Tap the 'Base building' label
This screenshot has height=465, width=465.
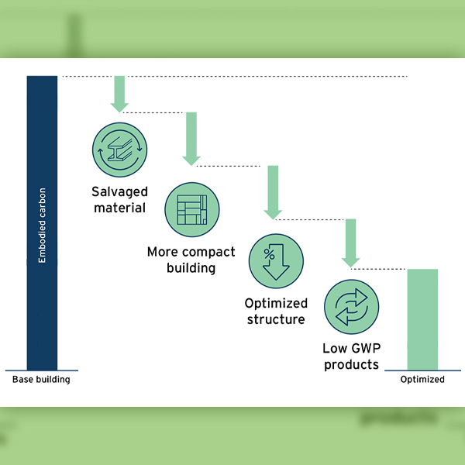tap(41, 380)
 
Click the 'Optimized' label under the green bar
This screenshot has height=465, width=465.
tap(422, 380)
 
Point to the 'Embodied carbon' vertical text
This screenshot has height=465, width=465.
tap(42, 226)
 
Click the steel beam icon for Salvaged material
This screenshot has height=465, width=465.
tap(119, 150)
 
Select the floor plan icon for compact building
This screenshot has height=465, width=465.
tap(192, 210)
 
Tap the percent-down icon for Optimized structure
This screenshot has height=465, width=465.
tap(276, 261)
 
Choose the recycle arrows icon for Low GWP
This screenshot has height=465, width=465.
tap(351, 306)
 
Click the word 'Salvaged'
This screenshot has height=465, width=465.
tap(119, 191)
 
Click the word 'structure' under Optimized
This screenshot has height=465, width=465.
tap(275, 319)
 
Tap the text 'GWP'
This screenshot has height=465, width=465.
tap(364, 349)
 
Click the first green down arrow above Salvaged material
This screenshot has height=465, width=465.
tap(119, 94)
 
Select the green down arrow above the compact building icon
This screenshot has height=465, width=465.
tap(191, 138)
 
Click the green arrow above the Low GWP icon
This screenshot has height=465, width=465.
tap(350, 243)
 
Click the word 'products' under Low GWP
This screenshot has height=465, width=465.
tap(351, 364)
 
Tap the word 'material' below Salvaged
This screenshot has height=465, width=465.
tap(119, 208)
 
